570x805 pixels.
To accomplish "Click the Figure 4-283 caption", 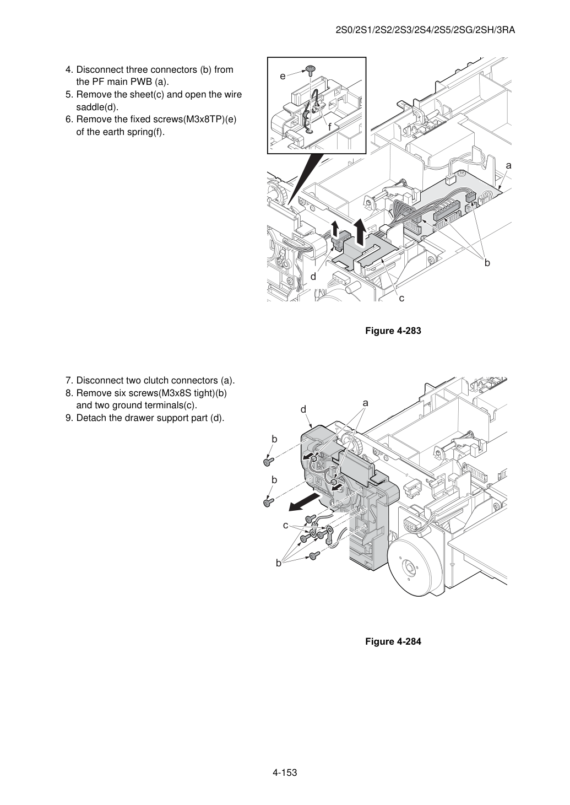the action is coord(393,331).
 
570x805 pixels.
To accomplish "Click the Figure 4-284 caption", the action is coord(393,641).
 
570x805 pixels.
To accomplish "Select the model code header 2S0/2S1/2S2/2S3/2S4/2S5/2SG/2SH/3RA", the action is coord(425,30).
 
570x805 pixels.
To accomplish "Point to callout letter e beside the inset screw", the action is coord(283,76).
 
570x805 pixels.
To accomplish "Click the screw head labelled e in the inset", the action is coord(309,69).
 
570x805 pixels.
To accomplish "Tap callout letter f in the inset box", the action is coord(329,127).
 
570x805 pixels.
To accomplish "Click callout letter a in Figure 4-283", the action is coord(508,166).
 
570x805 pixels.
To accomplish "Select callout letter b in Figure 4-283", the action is coord(487,263).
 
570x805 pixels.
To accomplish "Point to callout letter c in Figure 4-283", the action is coord(401,298).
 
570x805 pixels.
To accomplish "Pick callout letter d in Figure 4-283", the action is coord(313,277).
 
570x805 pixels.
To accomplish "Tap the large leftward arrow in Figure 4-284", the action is coord(304,502).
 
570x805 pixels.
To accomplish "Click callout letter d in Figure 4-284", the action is coord(303,409).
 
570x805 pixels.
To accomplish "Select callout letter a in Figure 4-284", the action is coord(365,403).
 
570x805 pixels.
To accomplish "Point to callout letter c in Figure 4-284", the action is coord(285,526).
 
